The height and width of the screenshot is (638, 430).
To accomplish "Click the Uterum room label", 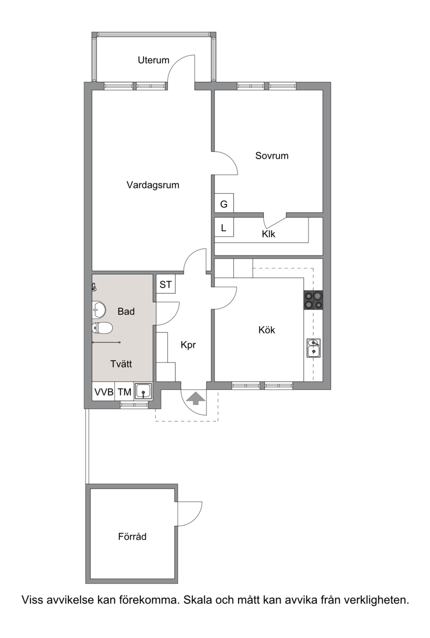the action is [x=153, y=60].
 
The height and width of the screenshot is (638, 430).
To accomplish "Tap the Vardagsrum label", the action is [x=153, y=185].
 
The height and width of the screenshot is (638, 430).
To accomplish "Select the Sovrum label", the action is [x=272, y=156].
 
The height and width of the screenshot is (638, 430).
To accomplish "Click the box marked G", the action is [x=224, y=203].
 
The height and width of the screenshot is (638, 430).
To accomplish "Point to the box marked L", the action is [x=224, y=228].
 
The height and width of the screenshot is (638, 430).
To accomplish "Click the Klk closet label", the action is [x=269, y=234].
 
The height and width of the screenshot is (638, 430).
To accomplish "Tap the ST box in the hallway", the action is [x=166, y=285].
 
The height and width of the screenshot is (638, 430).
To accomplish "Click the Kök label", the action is [x=267, y=330].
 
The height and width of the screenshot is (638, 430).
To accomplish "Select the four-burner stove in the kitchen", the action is [x=313, y=300].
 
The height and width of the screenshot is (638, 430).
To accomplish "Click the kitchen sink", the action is [x=313, y=348].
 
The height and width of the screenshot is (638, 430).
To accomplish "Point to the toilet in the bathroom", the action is [x=102, y=328].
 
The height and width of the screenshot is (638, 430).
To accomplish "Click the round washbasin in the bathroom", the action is [x=99, y=310].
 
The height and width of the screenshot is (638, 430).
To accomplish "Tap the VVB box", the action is [x=104, y=392].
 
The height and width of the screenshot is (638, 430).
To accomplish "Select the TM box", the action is [x=124, y=392].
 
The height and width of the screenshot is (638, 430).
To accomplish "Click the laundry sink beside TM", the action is [x=144, y=392].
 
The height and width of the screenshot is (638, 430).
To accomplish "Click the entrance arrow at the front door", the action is [x=196, y=398].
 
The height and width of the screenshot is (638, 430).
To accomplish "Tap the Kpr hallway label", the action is [x=188, y=345].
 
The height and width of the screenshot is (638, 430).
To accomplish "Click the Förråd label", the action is [x=132, y=537].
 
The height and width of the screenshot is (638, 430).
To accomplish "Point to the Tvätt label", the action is [x=121, y=364].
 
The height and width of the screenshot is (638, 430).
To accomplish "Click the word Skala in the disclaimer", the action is [x=198, y=600].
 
